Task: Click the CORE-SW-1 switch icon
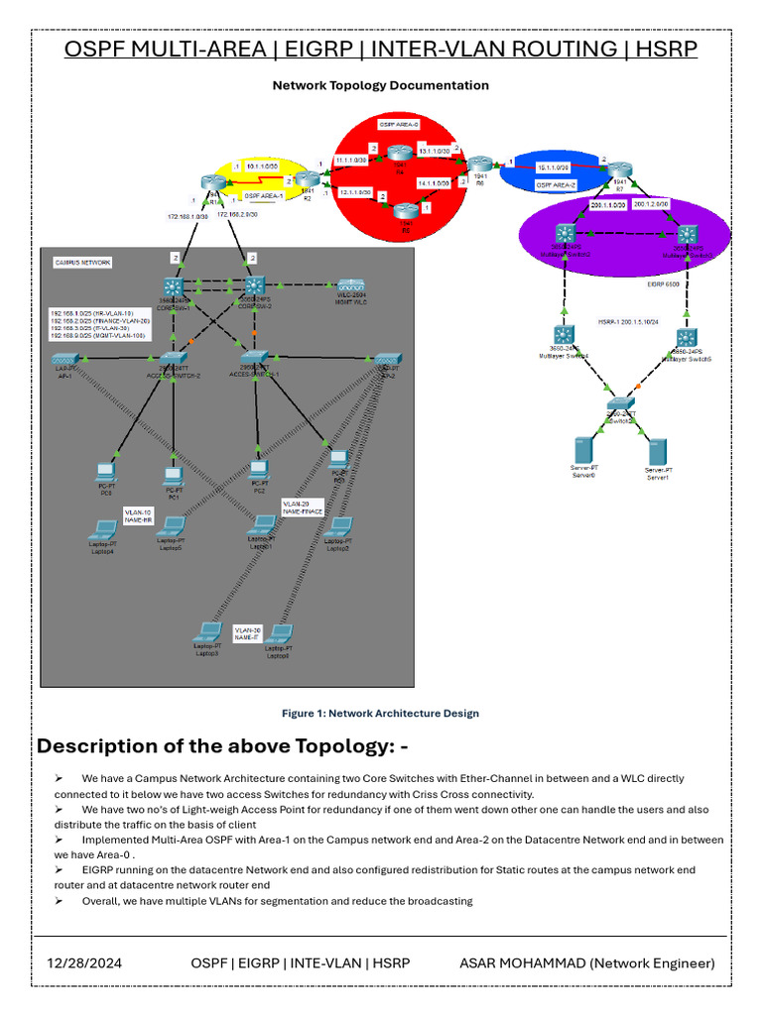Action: (174, 286)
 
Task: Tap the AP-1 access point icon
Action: (65, 359)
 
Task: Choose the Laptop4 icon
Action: (103, 528)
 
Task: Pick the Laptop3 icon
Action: (207, 631)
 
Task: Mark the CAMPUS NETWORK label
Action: (82, 263)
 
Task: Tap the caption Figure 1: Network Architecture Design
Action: (380, 713)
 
